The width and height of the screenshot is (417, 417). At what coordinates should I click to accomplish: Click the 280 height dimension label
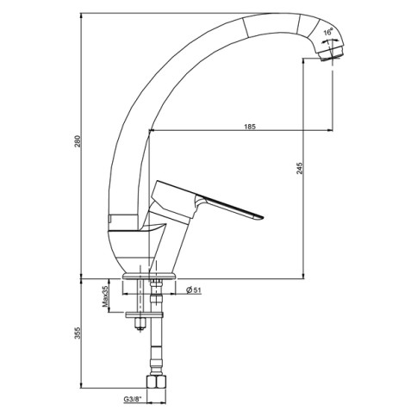pos(78,144)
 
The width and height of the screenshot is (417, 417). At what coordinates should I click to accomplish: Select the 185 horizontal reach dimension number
pos(249,127)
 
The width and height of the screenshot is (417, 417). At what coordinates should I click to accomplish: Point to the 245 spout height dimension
pos(299,169)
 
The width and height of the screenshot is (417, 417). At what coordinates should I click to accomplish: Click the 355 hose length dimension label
pos(78,334)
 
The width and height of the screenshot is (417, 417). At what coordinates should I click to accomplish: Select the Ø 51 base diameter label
pos(194,291)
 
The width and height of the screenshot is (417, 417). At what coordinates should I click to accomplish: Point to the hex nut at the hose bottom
pos(155,384)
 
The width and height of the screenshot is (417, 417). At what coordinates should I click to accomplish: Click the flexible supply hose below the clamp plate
pos(156,349)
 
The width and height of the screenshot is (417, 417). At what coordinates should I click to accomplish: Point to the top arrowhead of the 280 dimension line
pos(82,15)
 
